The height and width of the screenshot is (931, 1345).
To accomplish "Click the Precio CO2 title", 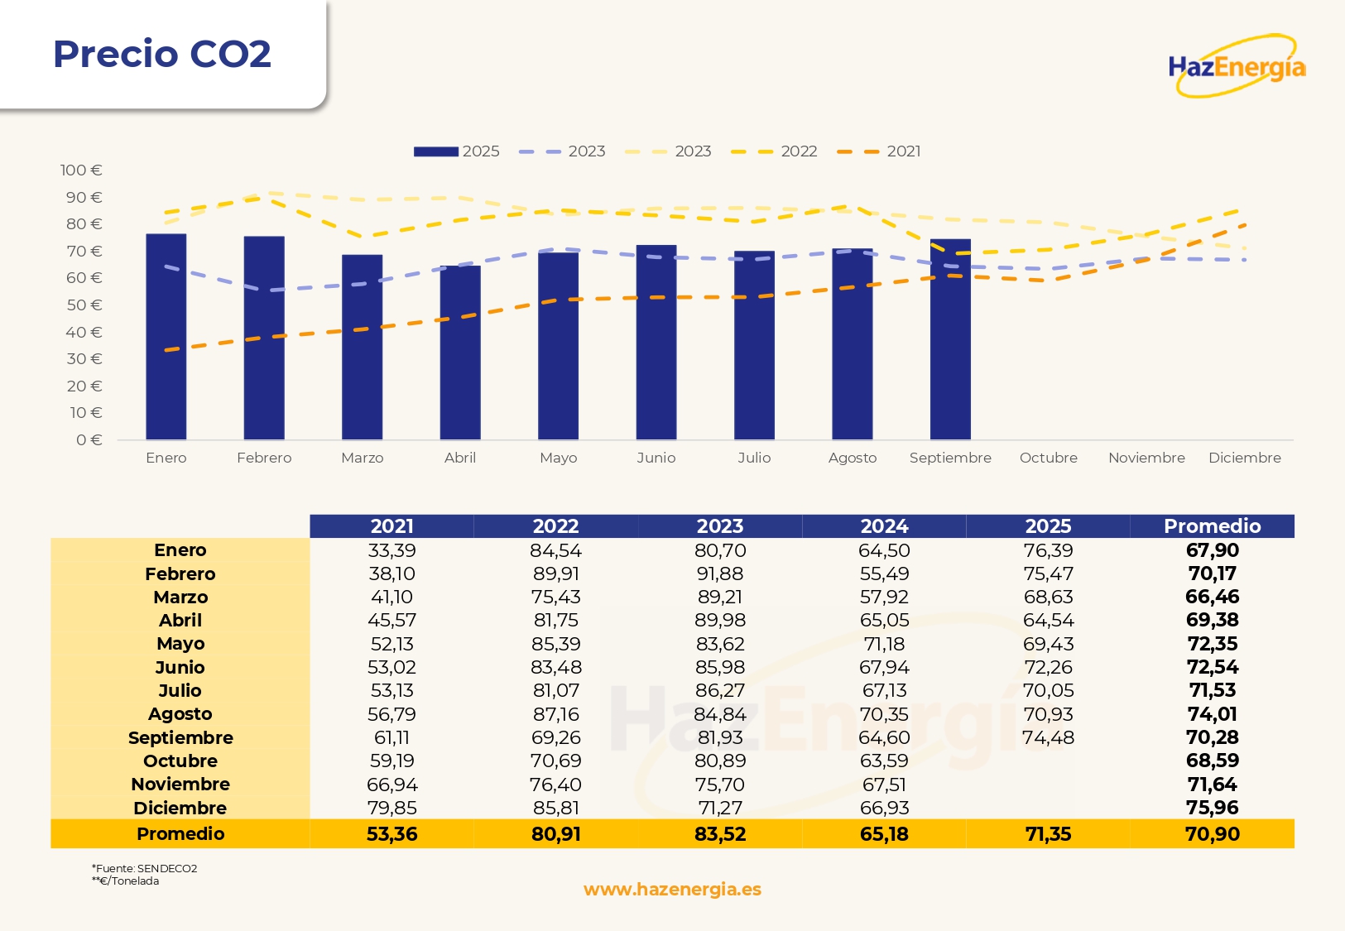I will coord(162,55).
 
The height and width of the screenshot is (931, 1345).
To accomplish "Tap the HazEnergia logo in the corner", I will coord(1237,66).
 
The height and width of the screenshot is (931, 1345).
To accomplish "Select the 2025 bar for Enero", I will coord(166,337).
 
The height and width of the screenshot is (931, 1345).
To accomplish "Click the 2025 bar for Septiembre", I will coord(950,339).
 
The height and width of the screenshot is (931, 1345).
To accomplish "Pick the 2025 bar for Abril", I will coord(460,353).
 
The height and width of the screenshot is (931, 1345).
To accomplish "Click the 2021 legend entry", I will coord(880,151).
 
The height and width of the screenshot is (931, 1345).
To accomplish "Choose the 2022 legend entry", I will coord(775,151).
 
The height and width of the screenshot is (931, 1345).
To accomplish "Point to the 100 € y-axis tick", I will coord(81,170).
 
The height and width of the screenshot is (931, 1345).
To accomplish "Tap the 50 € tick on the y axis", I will coord(84,305).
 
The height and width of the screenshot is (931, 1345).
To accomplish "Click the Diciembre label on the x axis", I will coord(1244,458).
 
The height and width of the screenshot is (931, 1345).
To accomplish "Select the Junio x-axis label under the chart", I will coord(656,458).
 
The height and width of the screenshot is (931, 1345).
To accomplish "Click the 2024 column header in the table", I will coord(884,526).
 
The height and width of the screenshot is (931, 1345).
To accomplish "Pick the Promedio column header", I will coord(1212,526).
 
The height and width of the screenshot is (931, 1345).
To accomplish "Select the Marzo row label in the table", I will coord(180,597).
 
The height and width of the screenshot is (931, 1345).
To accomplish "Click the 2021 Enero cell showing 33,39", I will coord(391,550).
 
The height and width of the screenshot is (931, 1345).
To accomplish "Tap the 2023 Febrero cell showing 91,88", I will coord(720,573).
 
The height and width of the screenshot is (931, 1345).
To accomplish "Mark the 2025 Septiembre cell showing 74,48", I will coord(1048,737).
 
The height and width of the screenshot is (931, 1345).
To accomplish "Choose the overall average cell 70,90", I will coord(1212,834).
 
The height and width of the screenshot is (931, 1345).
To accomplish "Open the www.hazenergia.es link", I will coord(672,890).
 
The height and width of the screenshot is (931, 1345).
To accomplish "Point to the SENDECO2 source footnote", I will coord(145,868).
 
